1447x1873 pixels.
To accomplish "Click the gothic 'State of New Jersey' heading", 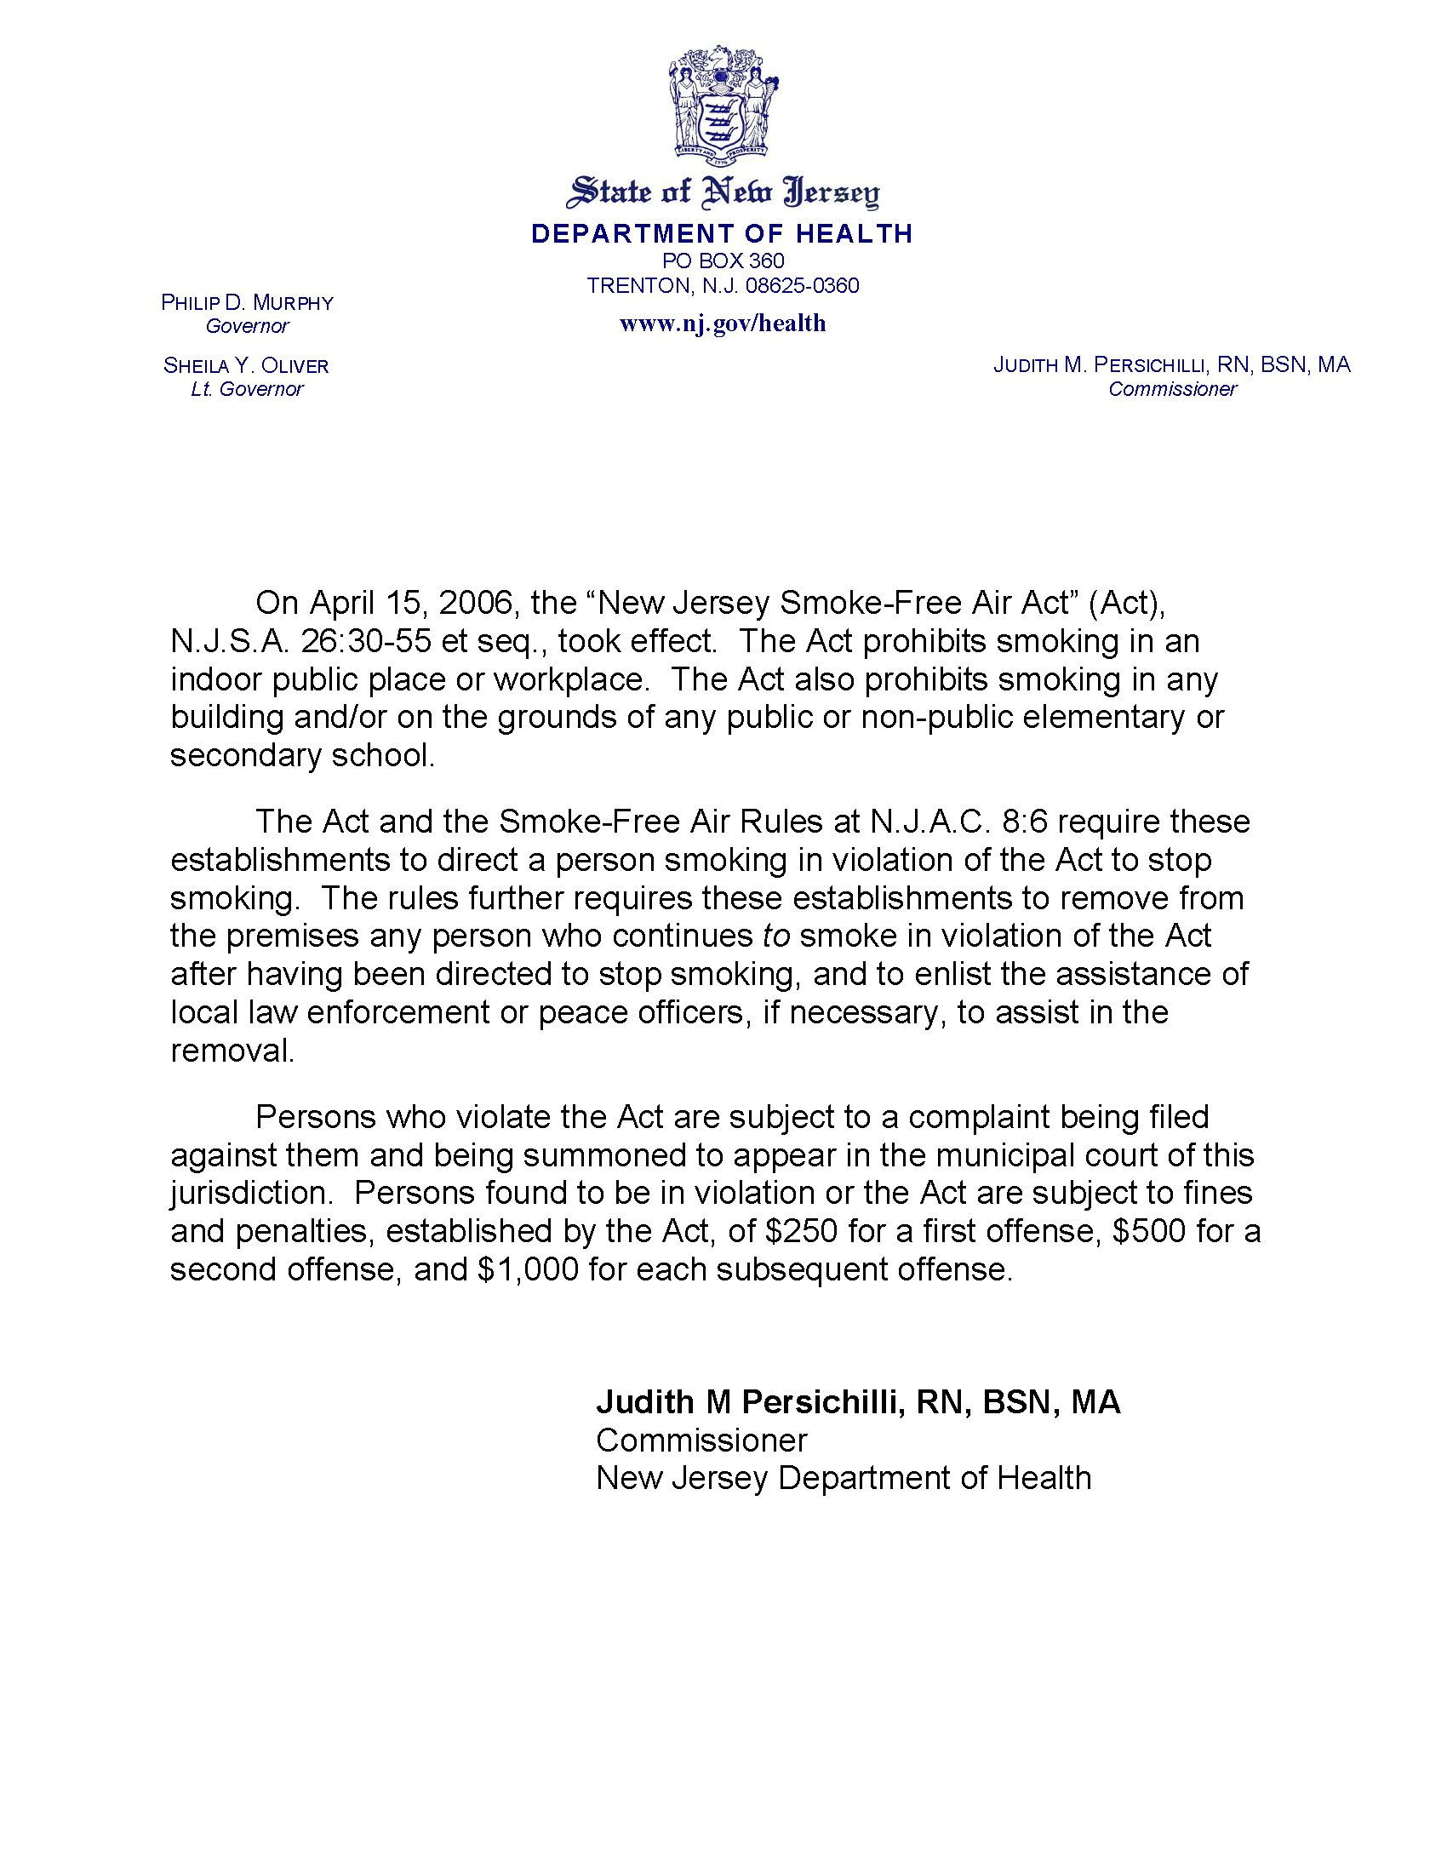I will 723,192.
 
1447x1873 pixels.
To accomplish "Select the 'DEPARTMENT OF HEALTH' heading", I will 723,233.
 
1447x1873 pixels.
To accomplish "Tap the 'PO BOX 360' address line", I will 723,261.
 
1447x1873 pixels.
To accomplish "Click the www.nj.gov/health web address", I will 723,324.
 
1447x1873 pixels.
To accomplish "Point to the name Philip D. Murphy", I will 247,303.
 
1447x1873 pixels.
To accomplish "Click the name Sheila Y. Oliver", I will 246,366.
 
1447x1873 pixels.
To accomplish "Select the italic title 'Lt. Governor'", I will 247,389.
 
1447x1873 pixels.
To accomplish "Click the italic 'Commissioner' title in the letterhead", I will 1172,389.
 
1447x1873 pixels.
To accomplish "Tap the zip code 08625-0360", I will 802,285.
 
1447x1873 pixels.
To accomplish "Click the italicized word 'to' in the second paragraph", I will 775,936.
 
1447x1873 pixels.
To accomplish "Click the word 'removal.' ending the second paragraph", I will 232,1051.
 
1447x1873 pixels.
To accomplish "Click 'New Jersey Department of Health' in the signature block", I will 844,1478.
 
